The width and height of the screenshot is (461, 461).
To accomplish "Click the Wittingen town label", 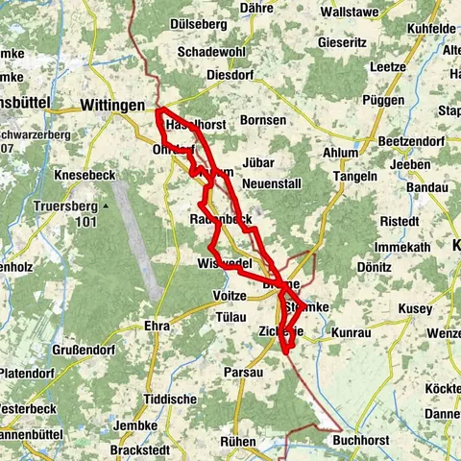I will (x=112, y=105).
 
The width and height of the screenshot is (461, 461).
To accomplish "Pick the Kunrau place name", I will (x=350, y=330).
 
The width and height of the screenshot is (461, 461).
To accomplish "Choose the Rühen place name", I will (x=236, y=441).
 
